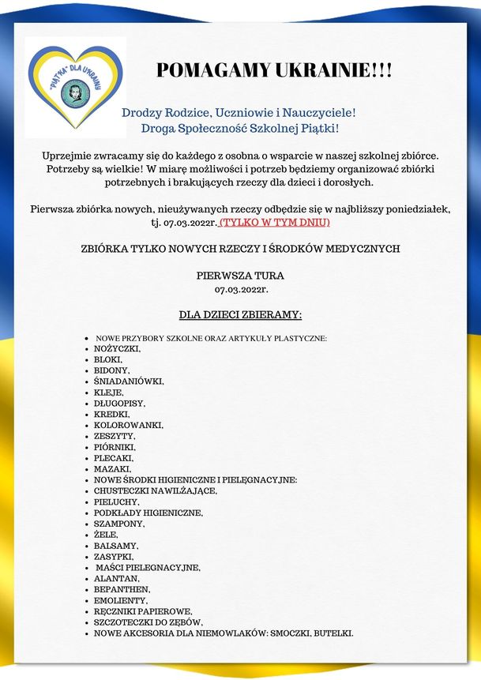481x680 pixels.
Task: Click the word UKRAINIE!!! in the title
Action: tap(331, 70)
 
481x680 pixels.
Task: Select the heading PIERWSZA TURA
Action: tap(240, 276)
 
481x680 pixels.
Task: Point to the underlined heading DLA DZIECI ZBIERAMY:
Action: tap(240, 315)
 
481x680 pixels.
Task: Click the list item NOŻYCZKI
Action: tap(117, 348)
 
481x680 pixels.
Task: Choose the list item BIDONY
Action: tap(112, 370)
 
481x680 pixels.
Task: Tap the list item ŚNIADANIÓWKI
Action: tap(129, 381)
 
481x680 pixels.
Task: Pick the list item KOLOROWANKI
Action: tap(129, 425)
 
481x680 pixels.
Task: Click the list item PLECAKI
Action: tap(114, 458)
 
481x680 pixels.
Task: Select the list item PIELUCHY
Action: tap(117, 502)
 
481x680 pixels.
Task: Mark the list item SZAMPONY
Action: tap(119, 524)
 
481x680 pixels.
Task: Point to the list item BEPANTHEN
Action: tap(122, 589)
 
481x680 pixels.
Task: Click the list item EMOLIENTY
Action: tap(121, 600)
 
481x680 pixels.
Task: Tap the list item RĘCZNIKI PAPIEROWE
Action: tap(143, 611)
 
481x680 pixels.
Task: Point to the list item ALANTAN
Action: tap(117, 578)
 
